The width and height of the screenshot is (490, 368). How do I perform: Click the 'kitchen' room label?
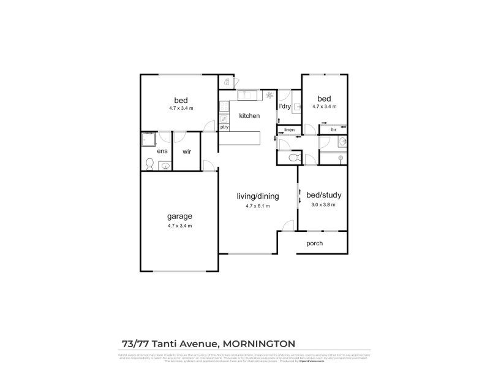pyautogui.click(x=249, y=116)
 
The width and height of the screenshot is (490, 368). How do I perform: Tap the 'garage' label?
pyautogui.click(x=180, y=216)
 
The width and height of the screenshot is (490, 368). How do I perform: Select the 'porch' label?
pyautogui.click(x=314, y=243)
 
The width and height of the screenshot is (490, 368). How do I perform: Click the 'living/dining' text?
pyautogui.click(x=258, y=196)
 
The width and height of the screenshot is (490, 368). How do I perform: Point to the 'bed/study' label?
pyautogui.click(x=324, y=196)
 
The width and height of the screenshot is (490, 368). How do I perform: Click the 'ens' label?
pyautogui.click(x=162, y=151)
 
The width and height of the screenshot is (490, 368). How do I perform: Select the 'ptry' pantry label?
pyautogui.click(x=225, y=127)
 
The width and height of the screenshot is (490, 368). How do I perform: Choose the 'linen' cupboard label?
pyautogui.click(x=290, y=130)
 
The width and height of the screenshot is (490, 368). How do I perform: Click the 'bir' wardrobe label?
pyautogui.click(x=334, y=129)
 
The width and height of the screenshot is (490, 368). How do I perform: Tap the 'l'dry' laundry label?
pyautogui.click(x=284, y=107)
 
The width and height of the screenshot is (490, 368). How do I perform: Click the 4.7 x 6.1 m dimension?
pyautogui.click(x=258, y=206)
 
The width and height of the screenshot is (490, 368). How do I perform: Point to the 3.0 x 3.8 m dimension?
pyautogui.click(x=324, y=205)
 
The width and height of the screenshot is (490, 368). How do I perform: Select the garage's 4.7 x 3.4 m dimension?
pyautogui.click(x=180, y=226)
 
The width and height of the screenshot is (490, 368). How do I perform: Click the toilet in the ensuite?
pyautogui.click(x=149, y=163)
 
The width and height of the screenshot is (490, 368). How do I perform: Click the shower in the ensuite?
pyautogui.click(x=149, y=140)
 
